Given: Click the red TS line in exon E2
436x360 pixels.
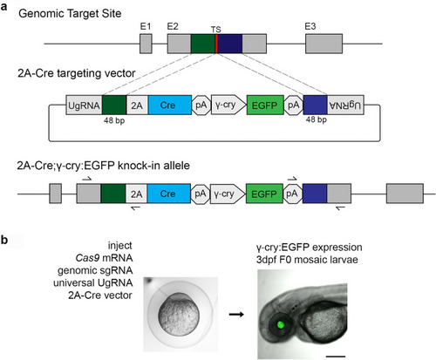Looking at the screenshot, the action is pyautogui.click(x=216, y=44).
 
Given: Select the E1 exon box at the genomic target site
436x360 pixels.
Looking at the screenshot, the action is pyautogui.click(x=146, y=44).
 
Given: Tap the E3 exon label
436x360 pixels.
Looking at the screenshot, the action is pyautogui.click(x=310, y=26).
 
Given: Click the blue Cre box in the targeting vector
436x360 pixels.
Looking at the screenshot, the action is pyautogui.click(x=170, y=105).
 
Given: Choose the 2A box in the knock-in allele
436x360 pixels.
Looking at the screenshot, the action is pyautogui.click(x=136, y=194).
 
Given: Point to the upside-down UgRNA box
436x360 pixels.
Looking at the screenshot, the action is pyautogui.click(x=345, y=105).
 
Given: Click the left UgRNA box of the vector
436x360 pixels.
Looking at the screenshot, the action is pyautogui.click(x=84, y=105).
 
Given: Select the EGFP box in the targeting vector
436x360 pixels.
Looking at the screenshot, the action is pyautogui.click(x=265, y=105).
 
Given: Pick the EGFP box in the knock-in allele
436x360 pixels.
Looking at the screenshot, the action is pyautogui.click(x=264, y=194).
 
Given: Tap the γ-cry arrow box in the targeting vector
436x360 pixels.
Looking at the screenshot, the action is pyautogui.click(x=228, y=105).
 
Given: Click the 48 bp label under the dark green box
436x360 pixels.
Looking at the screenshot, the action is pyautogui.click(x=114, y=120).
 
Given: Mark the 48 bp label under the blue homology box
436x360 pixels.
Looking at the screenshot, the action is pyautogui.click(x=317, y=119).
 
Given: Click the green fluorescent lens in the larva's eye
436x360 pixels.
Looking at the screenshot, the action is pyautogui.click(x=281, y=324).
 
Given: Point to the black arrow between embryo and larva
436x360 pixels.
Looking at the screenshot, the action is pyautogui.click(x=236, y=314).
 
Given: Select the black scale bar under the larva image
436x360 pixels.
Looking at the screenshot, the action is pyautogui.click(x=336, y=356).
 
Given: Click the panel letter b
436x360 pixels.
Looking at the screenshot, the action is pyautogui.click(x=4, y=241).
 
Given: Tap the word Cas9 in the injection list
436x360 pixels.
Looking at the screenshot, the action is pyautogui.click(x=87, y=258).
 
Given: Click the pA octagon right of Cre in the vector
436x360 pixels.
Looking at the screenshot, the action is pyautogui.click(x=201, y=105).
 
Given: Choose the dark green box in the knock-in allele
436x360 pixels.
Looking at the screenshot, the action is pyautogui.click(x=113, y=194).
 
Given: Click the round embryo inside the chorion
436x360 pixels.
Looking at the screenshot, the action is pyautogui.click(x=179, y=315).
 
